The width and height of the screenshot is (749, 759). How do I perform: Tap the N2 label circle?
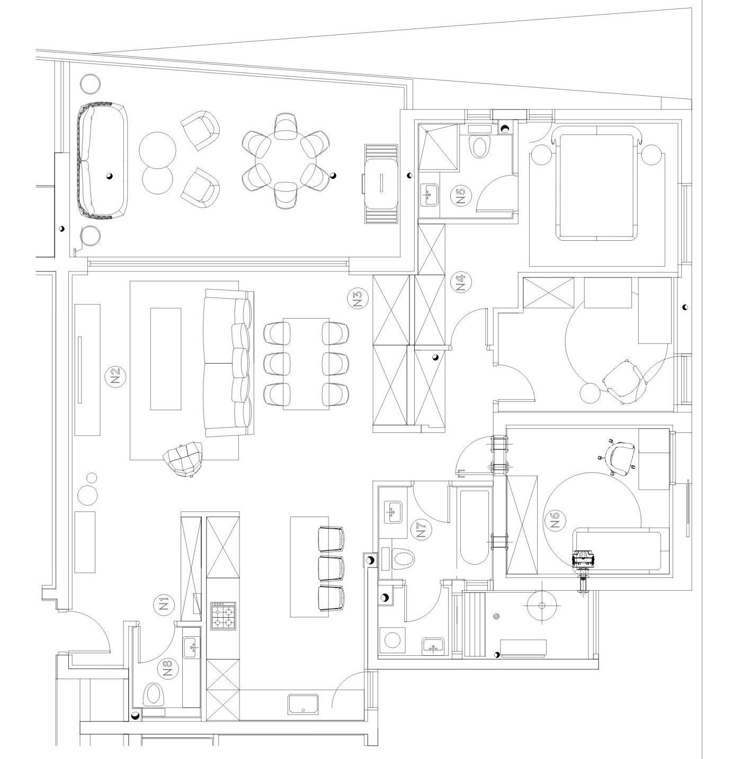[115, 376]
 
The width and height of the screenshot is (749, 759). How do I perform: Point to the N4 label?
[460, 282]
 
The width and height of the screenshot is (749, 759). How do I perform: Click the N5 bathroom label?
[460, 196]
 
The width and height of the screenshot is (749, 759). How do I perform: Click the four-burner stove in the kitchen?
[223, 616]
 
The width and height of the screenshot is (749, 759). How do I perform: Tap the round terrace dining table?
[286, 161]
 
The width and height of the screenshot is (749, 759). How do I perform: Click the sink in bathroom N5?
[429, 195]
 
